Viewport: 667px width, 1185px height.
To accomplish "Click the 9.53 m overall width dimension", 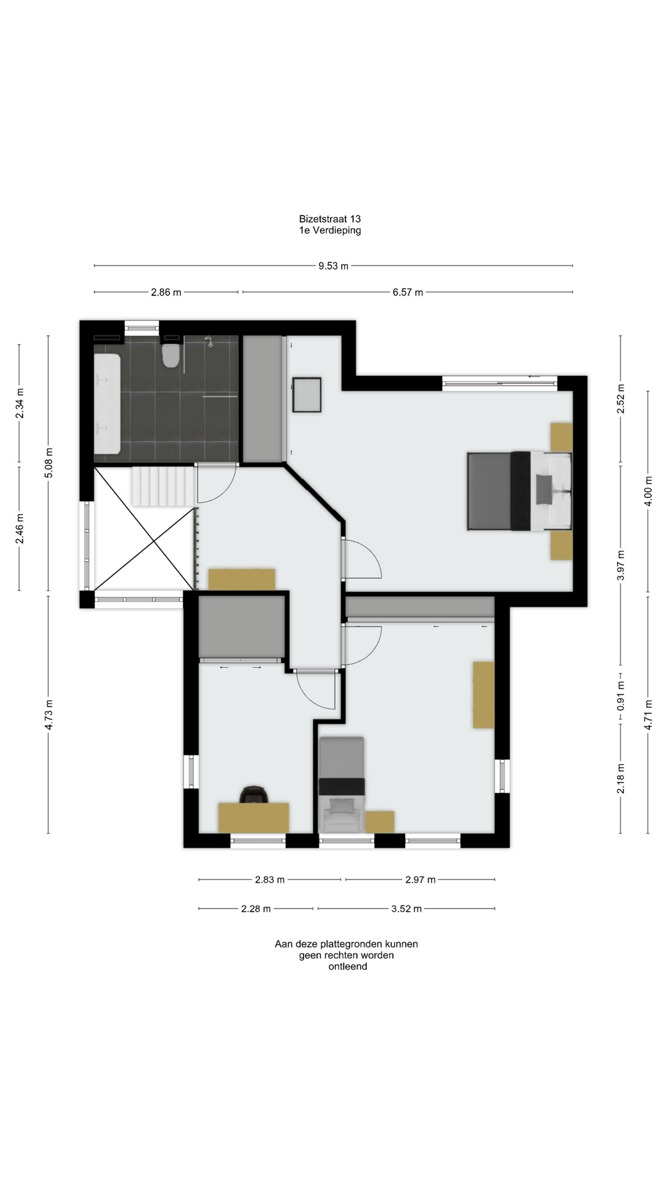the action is (x=333, y=266).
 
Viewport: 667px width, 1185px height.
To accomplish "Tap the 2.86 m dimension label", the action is (x=166, y=292).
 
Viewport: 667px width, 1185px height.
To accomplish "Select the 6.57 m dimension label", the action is (x=408, y=292).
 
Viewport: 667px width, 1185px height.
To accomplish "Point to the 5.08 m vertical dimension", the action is (x=49, y=462).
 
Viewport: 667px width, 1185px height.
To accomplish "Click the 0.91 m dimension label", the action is (x=621, y=696).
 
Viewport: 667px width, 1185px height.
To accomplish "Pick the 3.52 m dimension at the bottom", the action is (x=406, y=908).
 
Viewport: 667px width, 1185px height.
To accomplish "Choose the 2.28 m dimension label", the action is (x=256, y=908).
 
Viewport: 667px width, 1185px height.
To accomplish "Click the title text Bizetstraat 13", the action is (x=330, y=218).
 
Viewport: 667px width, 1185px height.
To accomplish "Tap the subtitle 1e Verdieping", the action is (x=330, y=230).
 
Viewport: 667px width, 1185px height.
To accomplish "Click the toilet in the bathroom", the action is (x=170, y=355).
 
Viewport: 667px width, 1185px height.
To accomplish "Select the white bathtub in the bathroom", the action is (x=107, y=404).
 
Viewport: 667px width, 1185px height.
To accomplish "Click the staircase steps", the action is (x=162, y=486).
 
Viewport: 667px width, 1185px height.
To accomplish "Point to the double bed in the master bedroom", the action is (x=519, y=491).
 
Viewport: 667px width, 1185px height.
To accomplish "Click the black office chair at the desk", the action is (x=254, y=794).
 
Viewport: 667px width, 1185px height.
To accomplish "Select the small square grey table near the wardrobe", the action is (x=307, y=395).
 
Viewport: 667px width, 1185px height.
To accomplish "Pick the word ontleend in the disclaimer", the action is (x=348, y=967).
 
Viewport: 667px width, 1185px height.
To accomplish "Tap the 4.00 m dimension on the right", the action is (x=648, y=491).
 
